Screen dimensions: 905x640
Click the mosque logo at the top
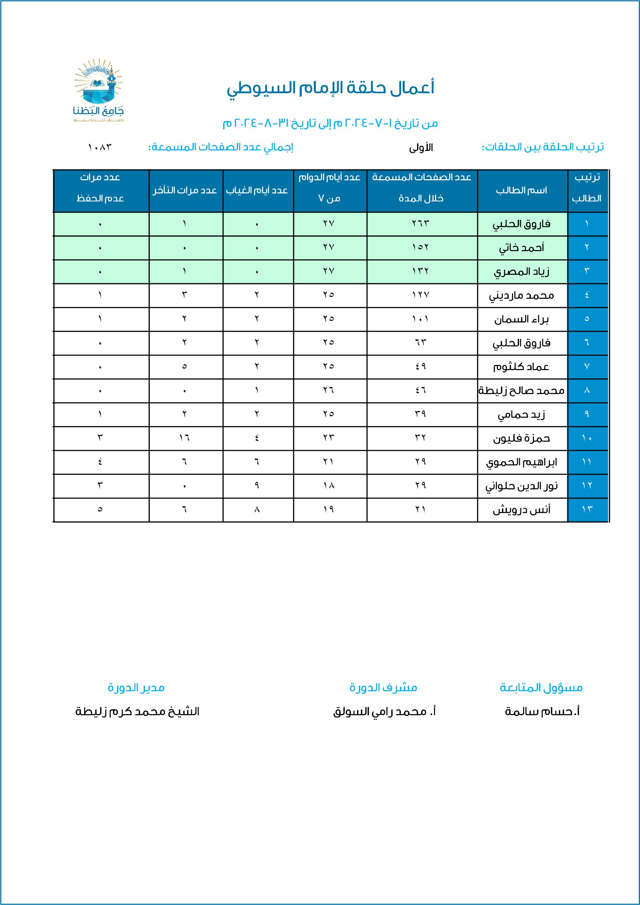[99, 90]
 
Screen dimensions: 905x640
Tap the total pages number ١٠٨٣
[100, 147]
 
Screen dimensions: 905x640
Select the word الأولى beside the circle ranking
[421, 148]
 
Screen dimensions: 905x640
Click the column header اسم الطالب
[521, 191]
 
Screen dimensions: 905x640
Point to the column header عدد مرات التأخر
[185, 191]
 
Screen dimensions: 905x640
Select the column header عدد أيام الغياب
[257, 191]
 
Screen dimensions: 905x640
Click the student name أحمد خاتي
[521, 248]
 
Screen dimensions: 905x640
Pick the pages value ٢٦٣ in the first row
[421, 223]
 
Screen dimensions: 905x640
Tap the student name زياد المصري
[521, 271]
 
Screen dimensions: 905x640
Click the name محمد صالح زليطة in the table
[521, 391]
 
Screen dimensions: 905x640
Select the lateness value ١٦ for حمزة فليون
[184, 438]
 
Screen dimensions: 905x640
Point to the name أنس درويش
[521, 510]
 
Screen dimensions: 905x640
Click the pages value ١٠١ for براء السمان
[421, 319]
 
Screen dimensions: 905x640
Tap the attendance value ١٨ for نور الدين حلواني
[329, 486]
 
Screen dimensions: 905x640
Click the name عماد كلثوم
[521, 367]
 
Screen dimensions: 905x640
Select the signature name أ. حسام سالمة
[542, 712]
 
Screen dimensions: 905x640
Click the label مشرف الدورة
[383, 688]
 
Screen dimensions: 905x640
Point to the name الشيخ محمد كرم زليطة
[137, 712]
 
